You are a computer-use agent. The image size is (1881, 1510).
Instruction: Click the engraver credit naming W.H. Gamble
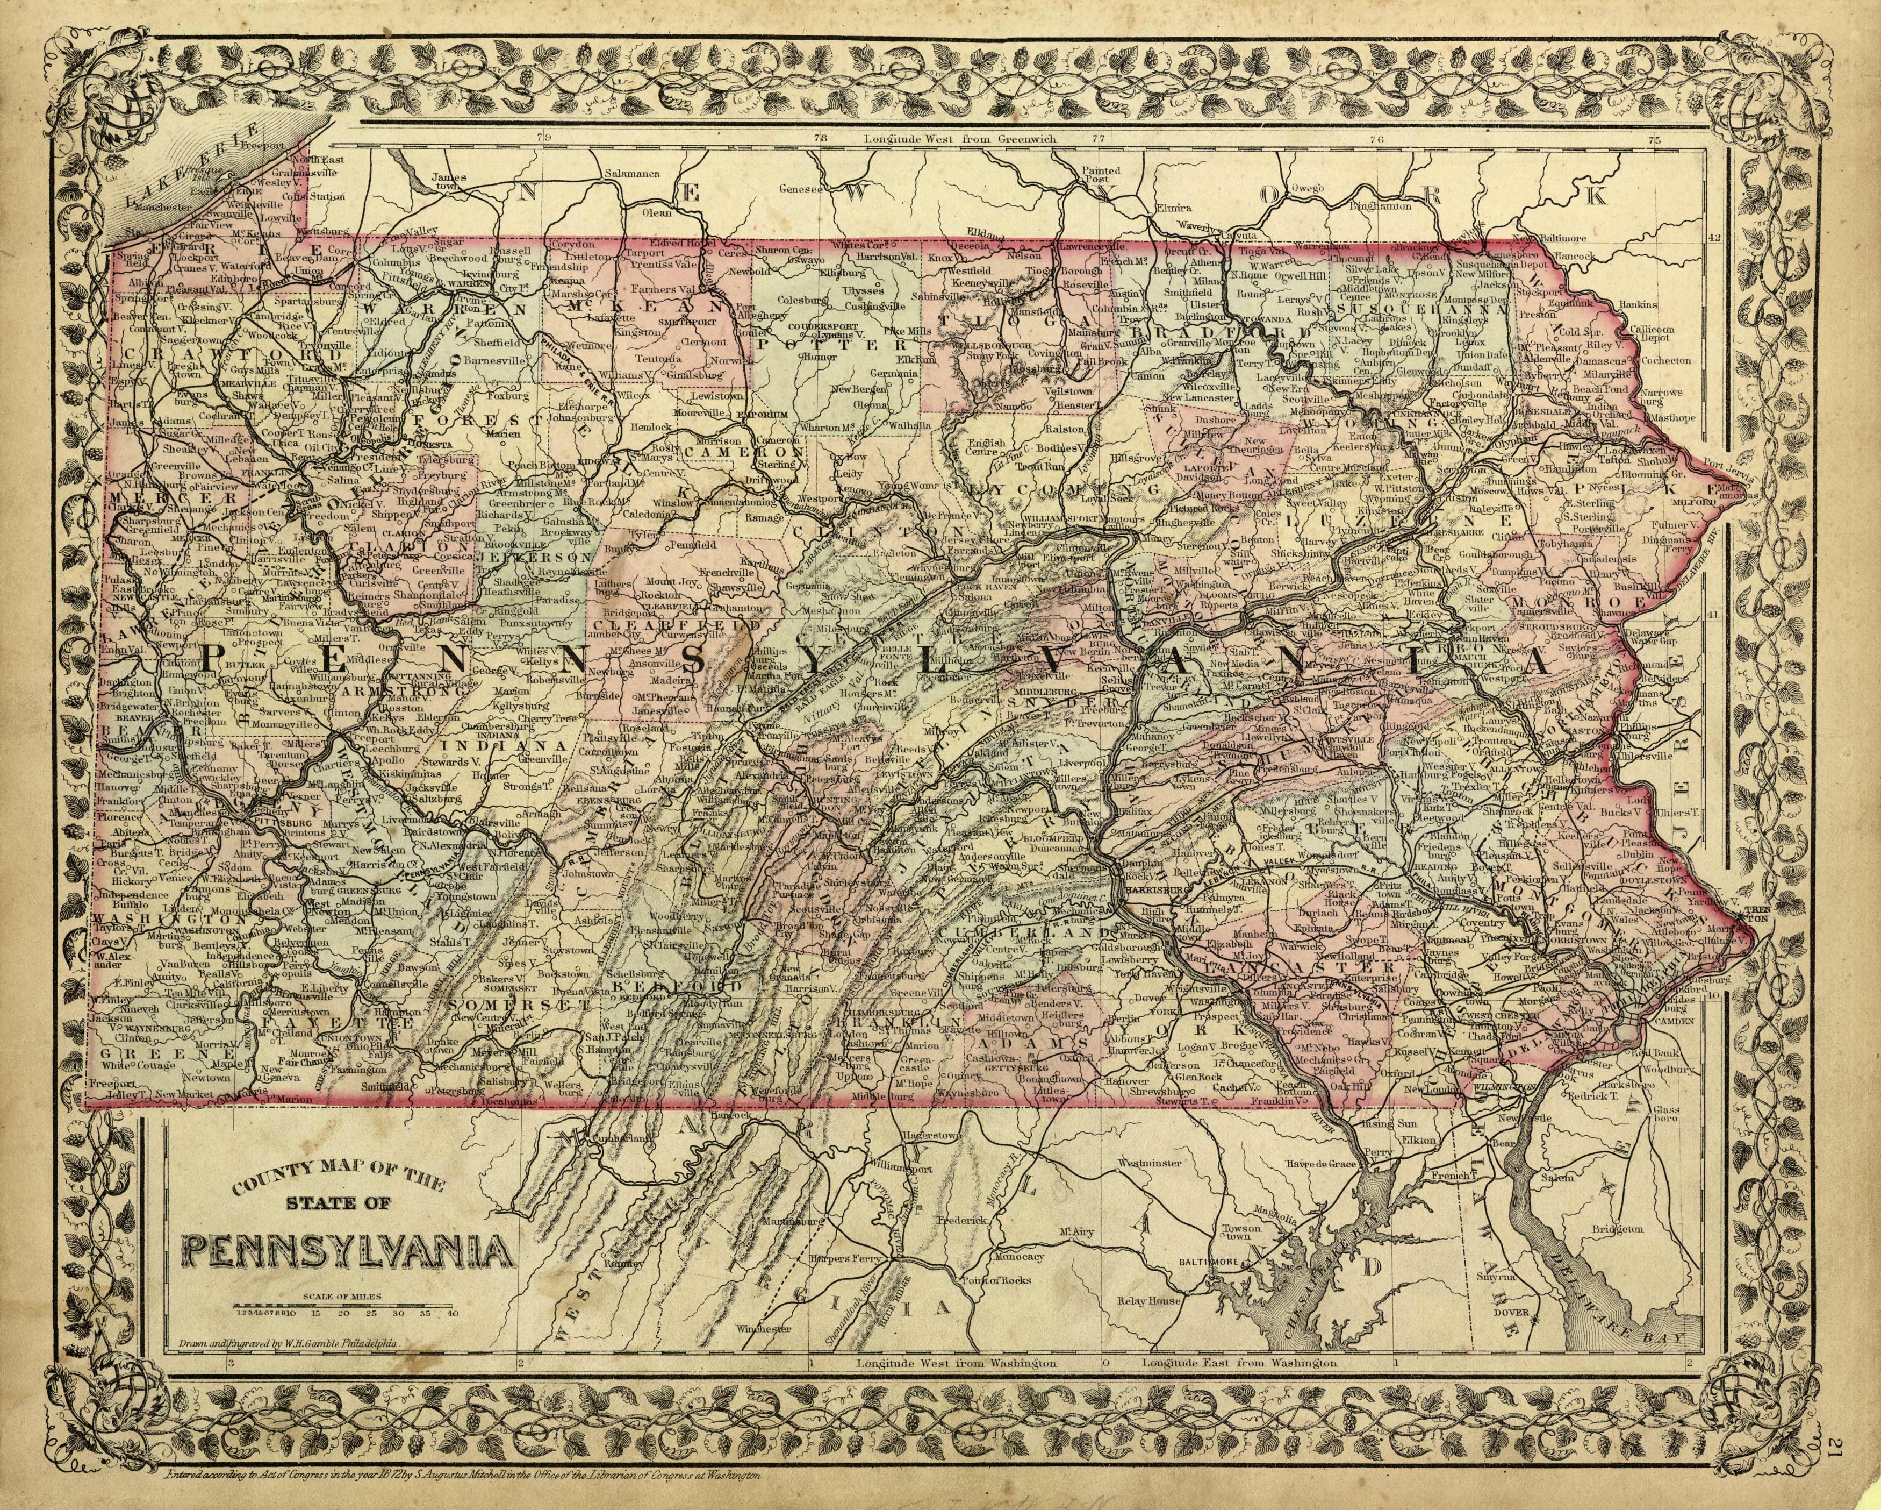[288, 1369]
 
